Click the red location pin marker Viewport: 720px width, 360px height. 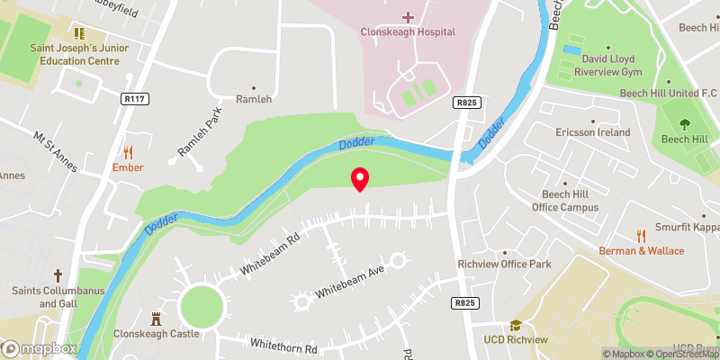point(360,178)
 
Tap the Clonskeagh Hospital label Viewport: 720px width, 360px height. point(408,32)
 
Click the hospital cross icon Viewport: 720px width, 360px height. point(408,17)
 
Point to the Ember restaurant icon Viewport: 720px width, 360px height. point(128,152)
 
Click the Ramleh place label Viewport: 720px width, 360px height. point(253,99)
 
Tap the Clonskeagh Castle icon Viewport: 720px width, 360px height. point(156,318)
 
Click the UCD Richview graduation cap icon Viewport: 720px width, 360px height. point(516,325)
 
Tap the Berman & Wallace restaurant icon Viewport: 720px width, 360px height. point(642,236)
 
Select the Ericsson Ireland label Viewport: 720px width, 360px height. point(592,132)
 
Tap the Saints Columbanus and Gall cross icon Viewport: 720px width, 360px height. point(58,274)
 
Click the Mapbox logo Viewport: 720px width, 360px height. point(40,348)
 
